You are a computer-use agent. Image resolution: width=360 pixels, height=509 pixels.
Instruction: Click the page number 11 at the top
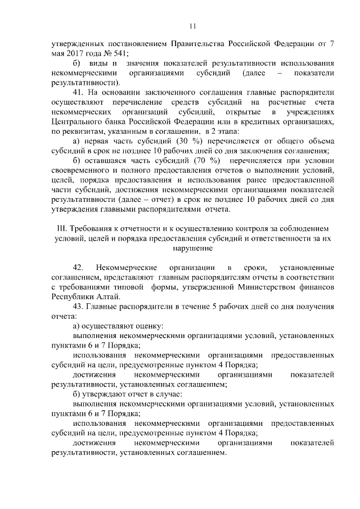pos(191,25)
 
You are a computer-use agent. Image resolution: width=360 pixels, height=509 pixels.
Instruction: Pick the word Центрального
pos(76,121)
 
